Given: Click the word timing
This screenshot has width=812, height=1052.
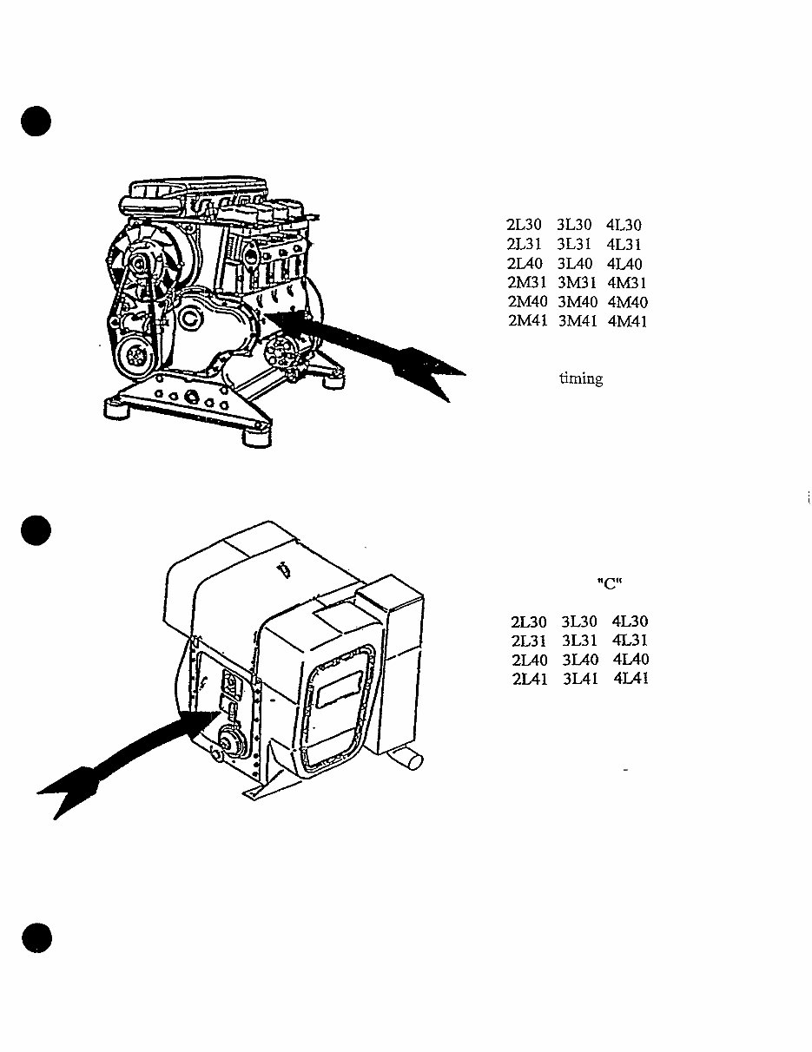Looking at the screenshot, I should click(x=581, y=379).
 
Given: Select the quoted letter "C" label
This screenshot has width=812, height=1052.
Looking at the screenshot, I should click(x=611, y=583).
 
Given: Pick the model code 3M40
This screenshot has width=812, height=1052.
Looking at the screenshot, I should click(x=577, y=302).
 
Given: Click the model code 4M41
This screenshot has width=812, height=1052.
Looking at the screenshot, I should click(x=628, y=322).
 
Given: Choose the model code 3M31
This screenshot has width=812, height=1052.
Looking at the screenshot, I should click(x=577, y=283).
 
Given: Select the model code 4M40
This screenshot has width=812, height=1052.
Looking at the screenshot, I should click(x=628, y=302).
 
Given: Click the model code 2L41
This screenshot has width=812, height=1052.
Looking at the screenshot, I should click(x=529, y=679).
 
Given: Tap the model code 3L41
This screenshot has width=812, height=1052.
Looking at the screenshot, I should click(x=579, y=679).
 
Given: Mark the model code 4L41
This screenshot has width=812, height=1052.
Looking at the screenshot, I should click(x=630, y=679).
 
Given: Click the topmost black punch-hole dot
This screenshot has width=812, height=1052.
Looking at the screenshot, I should click(x=37, y=122).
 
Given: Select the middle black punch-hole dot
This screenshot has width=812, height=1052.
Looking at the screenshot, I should click(x=37, y=529).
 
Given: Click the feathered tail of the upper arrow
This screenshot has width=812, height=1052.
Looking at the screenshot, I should click(x=426, y=369).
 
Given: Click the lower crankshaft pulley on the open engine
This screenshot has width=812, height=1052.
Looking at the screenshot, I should click(x=135, y=354).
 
